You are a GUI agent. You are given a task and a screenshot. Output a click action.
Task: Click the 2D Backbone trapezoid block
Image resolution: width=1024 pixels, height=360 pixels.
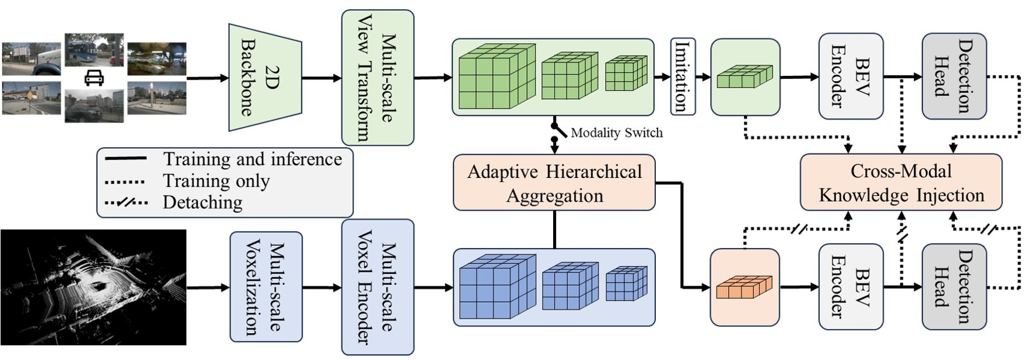tap(265, 77)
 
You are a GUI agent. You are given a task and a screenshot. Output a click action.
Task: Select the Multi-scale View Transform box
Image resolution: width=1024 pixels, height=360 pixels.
tap(378, 78)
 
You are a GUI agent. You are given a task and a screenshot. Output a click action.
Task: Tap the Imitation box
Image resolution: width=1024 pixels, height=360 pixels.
tap(683, 77)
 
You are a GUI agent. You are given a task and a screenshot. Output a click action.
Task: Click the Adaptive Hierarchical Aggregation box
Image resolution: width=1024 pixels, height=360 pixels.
tap(554, 183)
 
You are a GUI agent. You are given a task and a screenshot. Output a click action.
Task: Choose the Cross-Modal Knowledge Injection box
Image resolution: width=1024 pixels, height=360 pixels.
tap(901, 183)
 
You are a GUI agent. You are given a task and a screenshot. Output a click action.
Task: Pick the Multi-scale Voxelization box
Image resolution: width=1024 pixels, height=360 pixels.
tap(266, 287)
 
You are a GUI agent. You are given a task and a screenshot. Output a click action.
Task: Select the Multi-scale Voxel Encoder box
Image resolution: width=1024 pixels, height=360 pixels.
tap(378, 287)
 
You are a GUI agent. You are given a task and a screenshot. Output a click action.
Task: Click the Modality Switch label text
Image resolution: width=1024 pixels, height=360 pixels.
tap(616, 133)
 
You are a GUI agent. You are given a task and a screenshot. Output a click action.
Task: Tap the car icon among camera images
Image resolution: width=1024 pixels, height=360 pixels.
tap(95, 78)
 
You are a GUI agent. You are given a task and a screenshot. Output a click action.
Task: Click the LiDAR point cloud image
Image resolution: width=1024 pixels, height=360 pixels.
tap(93, 287)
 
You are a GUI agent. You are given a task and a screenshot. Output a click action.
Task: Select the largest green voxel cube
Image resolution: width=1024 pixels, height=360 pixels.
tap(496, 78)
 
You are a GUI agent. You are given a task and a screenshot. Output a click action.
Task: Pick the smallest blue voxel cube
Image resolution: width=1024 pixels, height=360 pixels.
tap(626, 284)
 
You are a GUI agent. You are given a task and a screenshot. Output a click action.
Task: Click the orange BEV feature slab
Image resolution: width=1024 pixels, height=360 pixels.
tap(744, 287)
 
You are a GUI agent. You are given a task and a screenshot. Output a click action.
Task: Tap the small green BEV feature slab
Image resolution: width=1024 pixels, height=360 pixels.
tap(744, 77)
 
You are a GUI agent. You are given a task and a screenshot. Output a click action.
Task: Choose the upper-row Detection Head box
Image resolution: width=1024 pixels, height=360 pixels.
tap(953, 77)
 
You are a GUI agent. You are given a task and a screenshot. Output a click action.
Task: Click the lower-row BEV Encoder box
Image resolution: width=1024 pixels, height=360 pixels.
tap(850, 287)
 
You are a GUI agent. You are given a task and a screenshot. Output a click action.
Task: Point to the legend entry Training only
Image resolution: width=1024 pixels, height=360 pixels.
tap(216, 181)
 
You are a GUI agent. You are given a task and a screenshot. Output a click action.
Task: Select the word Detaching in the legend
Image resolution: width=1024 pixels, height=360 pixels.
tap(202, 202)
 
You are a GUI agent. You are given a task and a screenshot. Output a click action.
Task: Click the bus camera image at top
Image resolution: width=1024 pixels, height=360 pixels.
tap(94, 50)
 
